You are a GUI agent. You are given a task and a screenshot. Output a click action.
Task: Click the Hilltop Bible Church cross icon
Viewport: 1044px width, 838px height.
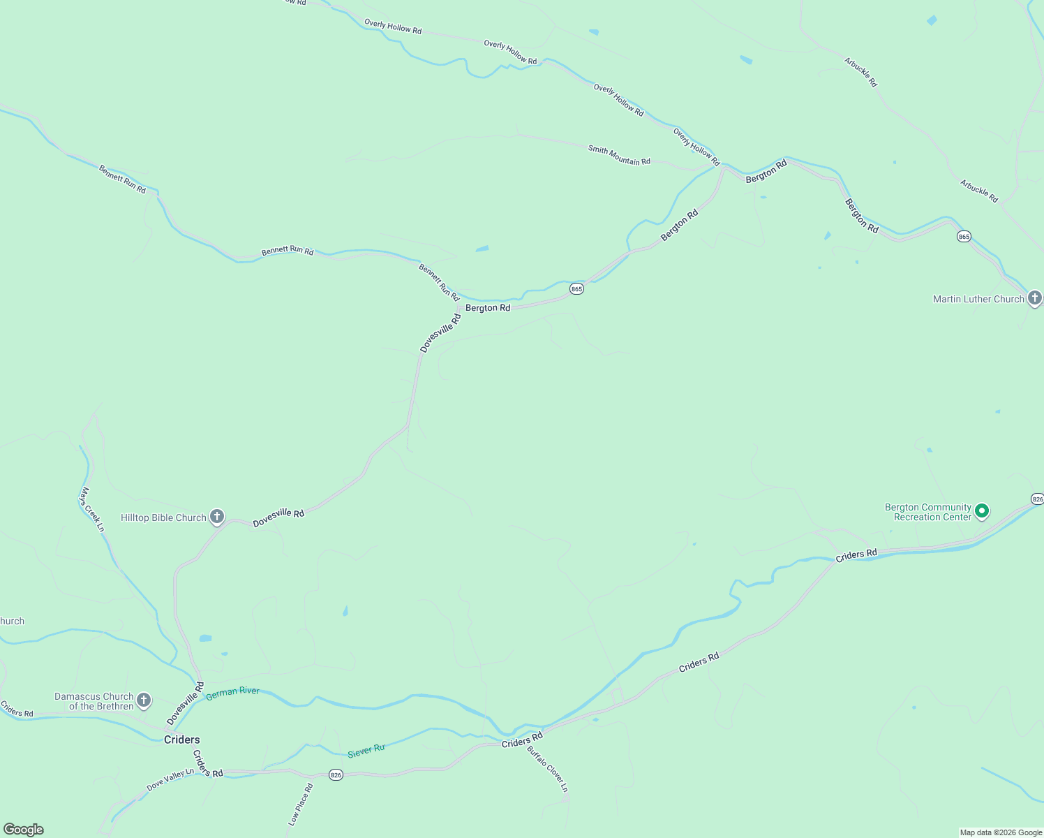[x=217, y=517]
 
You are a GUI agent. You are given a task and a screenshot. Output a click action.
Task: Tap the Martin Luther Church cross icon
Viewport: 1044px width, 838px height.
[x=1034, y=298]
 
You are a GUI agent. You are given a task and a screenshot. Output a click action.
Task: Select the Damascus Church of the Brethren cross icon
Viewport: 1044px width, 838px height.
[x=144, y=700]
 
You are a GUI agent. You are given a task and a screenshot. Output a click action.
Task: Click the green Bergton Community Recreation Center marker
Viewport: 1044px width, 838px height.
[x=982, y=511]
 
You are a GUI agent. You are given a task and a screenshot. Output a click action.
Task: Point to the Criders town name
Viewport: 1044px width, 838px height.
[x=181, y=740]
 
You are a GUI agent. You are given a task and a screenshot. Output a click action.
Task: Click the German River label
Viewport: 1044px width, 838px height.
[x=232, y=692]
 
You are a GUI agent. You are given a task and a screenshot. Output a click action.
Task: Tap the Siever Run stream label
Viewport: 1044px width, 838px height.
[x=366, y=751]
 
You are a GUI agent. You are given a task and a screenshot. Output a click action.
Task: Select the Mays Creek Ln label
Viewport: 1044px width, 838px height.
[x=93, y=510]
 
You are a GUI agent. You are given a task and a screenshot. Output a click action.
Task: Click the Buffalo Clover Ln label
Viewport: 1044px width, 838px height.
[x=548, y=770]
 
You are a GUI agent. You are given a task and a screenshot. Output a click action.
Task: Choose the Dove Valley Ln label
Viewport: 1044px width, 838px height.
[x=170, y=779]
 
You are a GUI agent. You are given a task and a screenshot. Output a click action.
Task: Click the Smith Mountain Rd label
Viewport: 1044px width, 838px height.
[x=619, y=155]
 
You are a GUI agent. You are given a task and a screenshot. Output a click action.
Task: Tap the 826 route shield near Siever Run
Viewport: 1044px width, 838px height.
[x=336, y=775]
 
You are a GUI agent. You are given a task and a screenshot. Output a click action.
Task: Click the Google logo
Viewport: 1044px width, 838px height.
[x=24, y=830]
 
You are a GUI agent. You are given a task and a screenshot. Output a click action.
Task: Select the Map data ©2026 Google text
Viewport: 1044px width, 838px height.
[x=1001, y=832]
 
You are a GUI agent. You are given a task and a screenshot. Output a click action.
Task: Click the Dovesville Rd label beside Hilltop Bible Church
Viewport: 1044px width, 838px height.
[x=278, y=518]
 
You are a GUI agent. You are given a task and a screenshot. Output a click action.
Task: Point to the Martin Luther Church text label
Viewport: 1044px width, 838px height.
[x=978, y=299]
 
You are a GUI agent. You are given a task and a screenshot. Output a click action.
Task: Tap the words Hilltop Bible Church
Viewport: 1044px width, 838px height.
[x=164, y=517]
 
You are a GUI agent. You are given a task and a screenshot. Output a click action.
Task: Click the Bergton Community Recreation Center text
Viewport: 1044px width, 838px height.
[x=928, y=512]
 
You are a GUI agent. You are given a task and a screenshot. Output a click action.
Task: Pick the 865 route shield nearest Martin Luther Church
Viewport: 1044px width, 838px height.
[x=964, y=237]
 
